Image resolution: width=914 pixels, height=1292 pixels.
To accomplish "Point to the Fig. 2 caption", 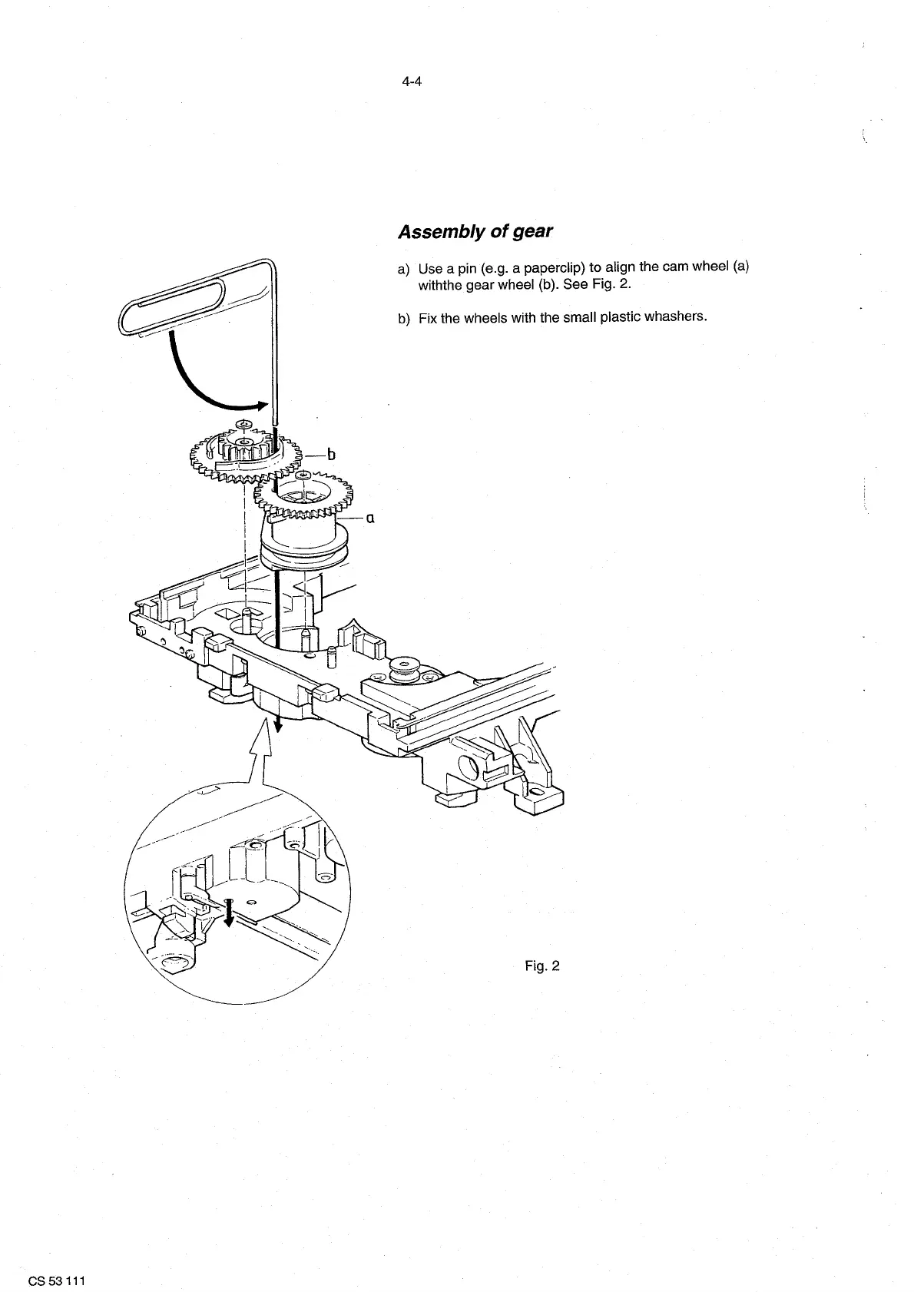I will pos(542,966).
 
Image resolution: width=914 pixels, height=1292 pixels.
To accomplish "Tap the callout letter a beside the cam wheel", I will pos(369,518).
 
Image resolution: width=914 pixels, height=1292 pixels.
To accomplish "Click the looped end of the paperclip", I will pos(171,308).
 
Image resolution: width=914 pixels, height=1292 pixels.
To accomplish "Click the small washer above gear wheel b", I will pos(244,423).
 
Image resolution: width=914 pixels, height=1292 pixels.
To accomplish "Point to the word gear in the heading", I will pos(533,231).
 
